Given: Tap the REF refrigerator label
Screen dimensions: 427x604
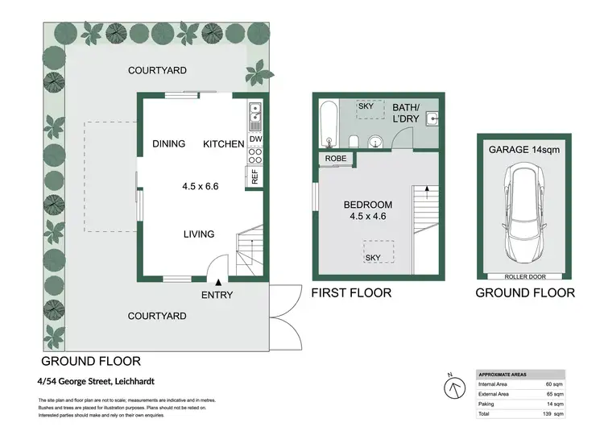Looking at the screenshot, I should pos(255,178).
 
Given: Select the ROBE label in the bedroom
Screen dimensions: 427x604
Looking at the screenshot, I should pos(337,159).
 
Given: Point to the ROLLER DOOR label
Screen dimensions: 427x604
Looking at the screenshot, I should pos(523,276).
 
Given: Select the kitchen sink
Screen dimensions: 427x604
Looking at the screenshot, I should pos(255,117).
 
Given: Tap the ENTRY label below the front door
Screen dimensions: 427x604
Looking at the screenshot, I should pos(217,295).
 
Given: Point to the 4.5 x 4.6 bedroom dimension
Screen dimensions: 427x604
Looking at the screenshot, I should pos(367,217).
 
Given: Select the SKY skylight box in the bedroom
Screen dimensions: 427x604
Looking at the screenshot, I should pos(372,251).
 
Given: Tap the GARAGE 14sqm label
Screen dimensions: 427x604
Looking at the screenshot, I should pos(523,150).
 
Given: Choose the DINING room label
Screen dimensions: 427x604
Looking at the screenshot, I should pos(169,144).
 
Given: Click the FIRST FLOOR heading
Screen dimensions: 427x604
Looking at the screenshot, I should pos(351,293).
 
